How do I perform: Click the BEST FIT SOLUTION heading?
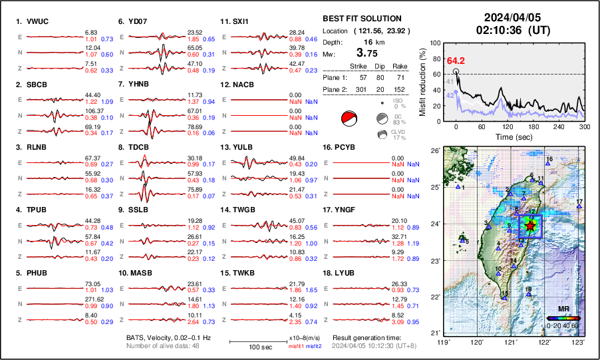(361, 19)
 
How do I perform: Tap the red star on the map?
(529, 226)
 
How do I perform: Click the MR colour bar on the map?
(563, 318)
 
